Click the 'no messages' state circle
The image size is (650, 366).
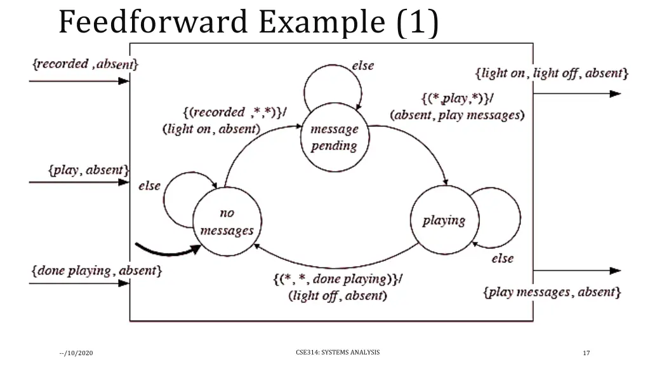(227, 222)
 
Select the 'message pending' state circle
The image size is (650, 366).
(334, 137)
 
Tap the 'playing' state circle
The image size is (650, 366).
(444, 220)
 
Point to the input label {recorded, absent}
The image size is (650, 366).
(85, 64)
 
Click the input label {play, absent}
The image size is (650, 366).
(89, 170)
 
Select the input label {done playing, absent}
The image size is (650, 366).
(96, 271)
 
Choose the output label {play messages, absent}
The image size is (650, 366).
(552, 292)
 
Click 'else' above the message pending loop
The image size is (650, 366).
(362, 65)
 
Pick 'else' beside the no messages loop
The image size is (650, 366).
(150, 186)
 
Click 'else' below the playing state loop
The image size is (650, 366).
(502, 259)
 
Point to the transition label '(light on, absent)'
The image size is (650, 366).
(211, 129)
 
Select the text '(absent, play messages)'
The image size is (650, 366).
(457, 115)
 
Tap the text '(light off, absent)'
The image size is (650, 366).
(337, 295)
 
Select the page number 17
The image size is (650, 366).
(586, 353)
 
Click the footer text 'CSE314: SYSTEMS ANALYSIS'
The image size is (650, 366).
(338, 351)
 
